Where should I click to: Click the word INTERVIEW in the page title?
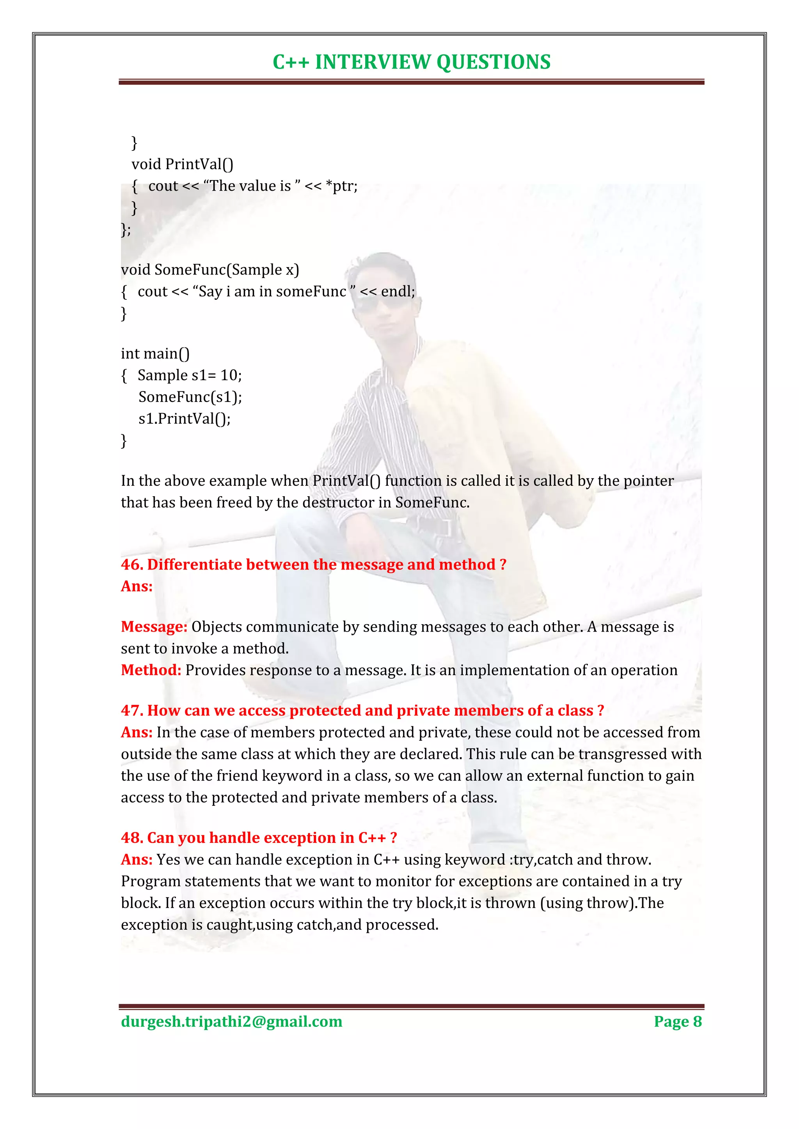(373, 62)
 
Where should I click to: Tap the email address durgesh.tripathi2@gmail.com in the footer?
(231, 1021)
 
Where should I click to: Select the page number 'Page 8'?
(678, 1021)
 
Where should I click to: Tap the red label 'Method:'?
(151, 670)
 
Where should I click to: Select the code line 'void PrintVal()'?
(182, 164)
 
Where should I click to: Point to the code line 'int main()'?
(155, 354)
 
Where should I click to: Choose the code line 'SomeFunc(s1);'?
(190, 397)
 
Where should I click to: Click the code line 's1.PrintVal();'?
(184, 418)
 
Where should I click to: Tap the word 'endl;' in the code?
(398, 292)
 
